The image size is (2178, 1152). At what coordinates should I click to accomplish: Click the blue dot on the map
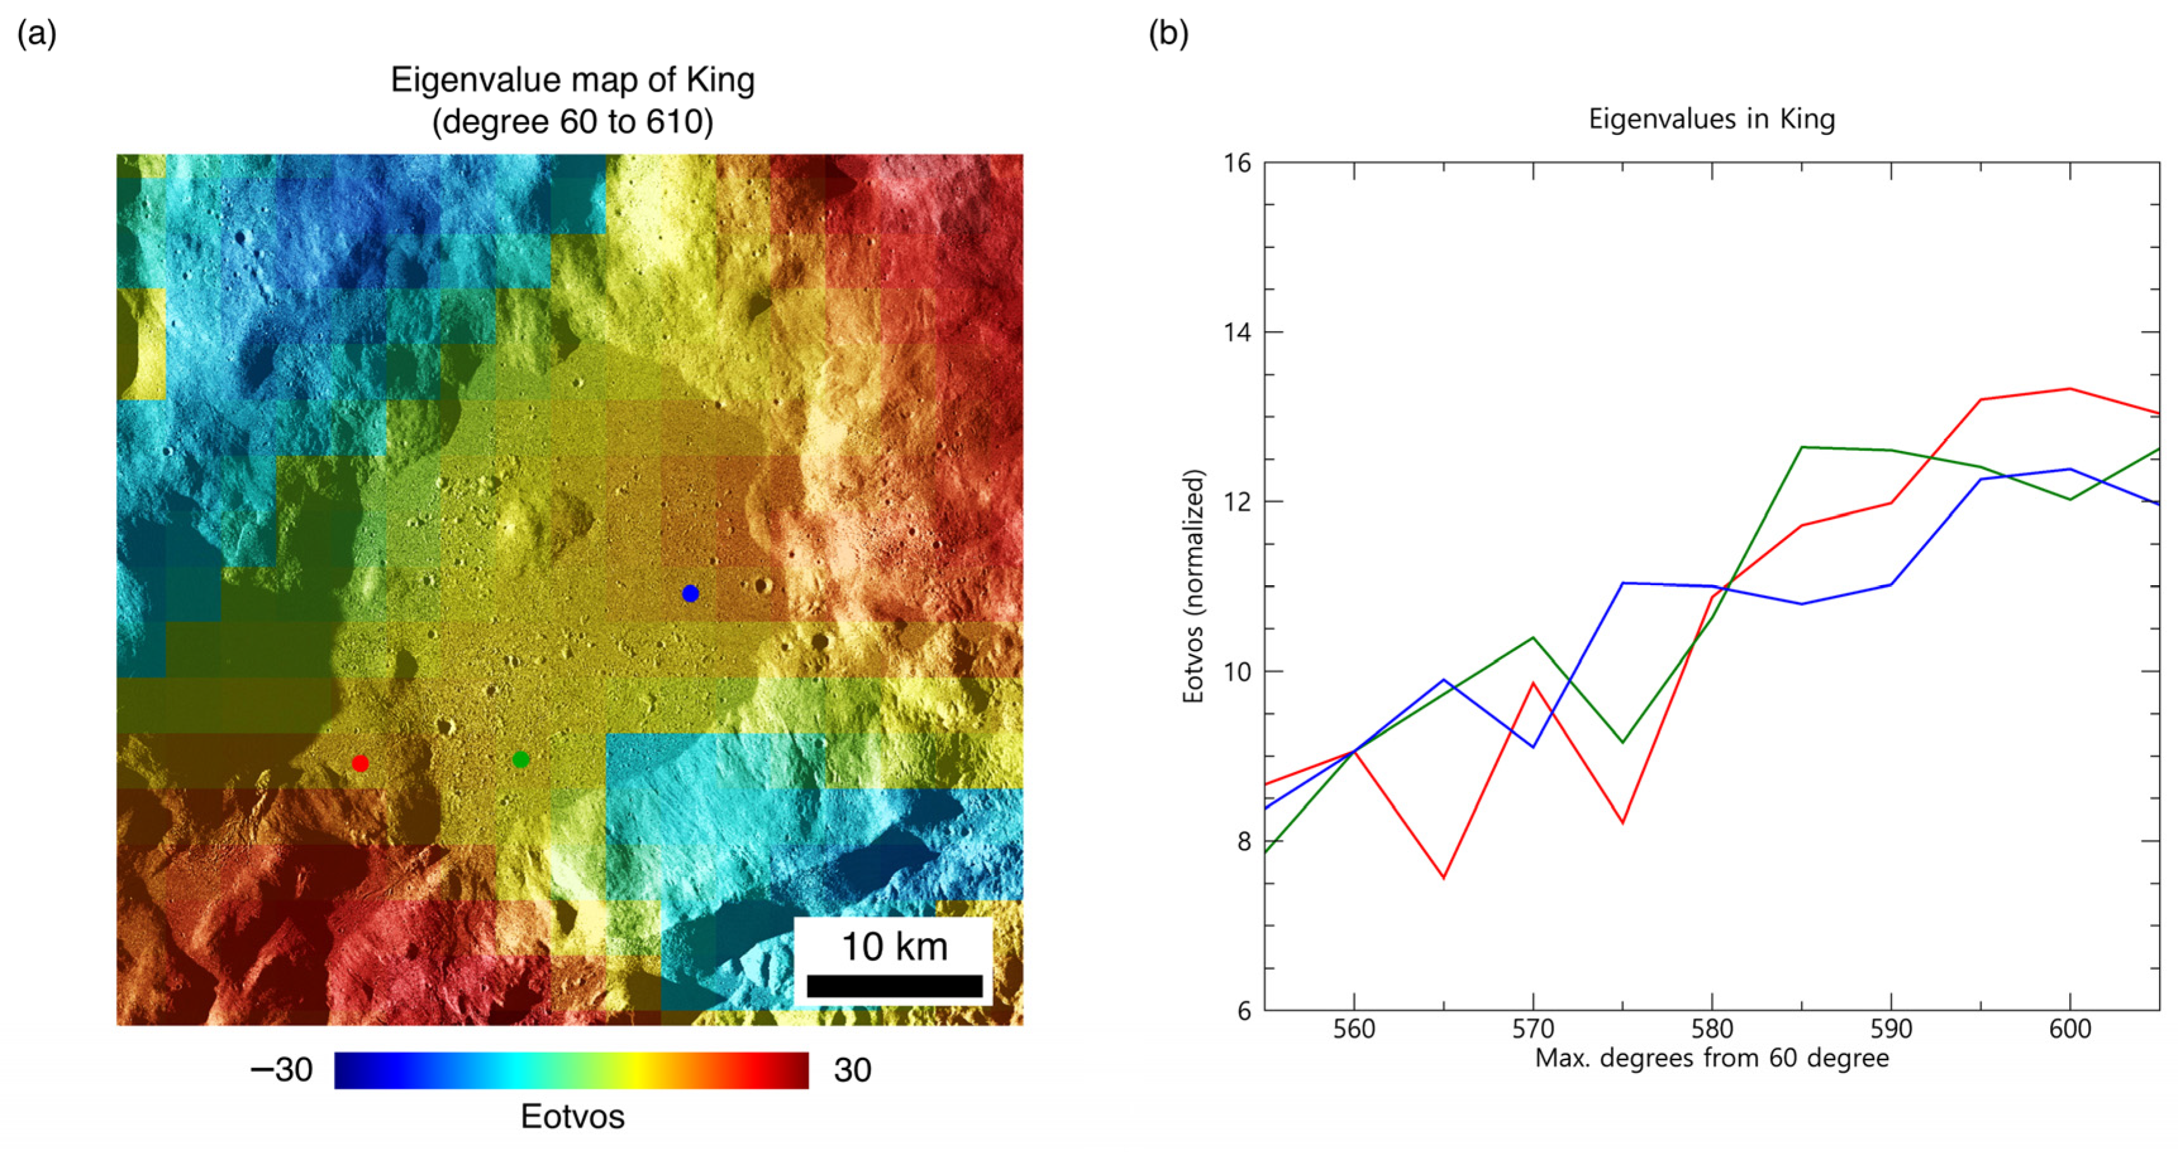[x=690, y=594]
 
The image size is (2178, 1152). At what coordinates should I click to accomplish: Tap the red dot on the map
[x=360, y=764]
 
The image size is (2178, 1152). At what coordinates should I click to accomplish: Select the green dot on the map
[x=521, y=759]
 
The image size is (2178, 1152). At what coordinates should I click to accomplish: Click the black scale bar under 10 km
[x=894, y=985]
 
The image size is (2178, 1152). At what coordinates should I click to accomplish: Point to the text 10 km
[x=894, y=946]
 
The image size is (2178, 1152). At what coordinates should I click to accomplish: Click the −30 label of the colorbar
[x=282, y=1070]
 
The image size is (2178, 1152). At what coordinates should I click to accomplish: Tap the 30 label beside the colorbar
[x=851, y=1070]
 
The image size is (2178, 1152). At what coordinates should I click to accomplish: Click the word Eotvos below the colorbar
[x=572, y=1117]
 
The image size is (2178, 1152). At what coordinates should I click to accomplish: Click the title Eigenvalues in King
[x=1712, y=118]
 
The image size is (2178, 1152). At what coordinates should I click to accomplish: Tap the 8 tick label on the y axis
[x=1243, y=842]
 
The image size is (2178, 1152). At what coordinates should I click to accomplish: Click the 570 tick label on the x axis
[x=1533, y=1029]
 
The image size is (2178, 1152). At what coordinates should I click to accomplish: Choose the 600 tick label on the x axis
[x=2069, y=1029]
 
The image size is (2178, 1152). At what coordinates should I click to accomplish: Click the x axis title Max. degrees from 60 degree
[x=1712, y=1058]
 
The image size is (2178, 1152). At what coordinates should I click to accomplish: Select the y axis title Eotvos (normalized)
[x=1193, y=586]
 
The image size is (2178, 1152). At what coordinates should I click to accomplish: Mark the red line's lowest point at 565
[x=1443, y=878]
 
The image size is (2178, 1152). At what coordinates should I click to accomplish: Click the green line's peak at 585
[x=1802, y=446]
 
